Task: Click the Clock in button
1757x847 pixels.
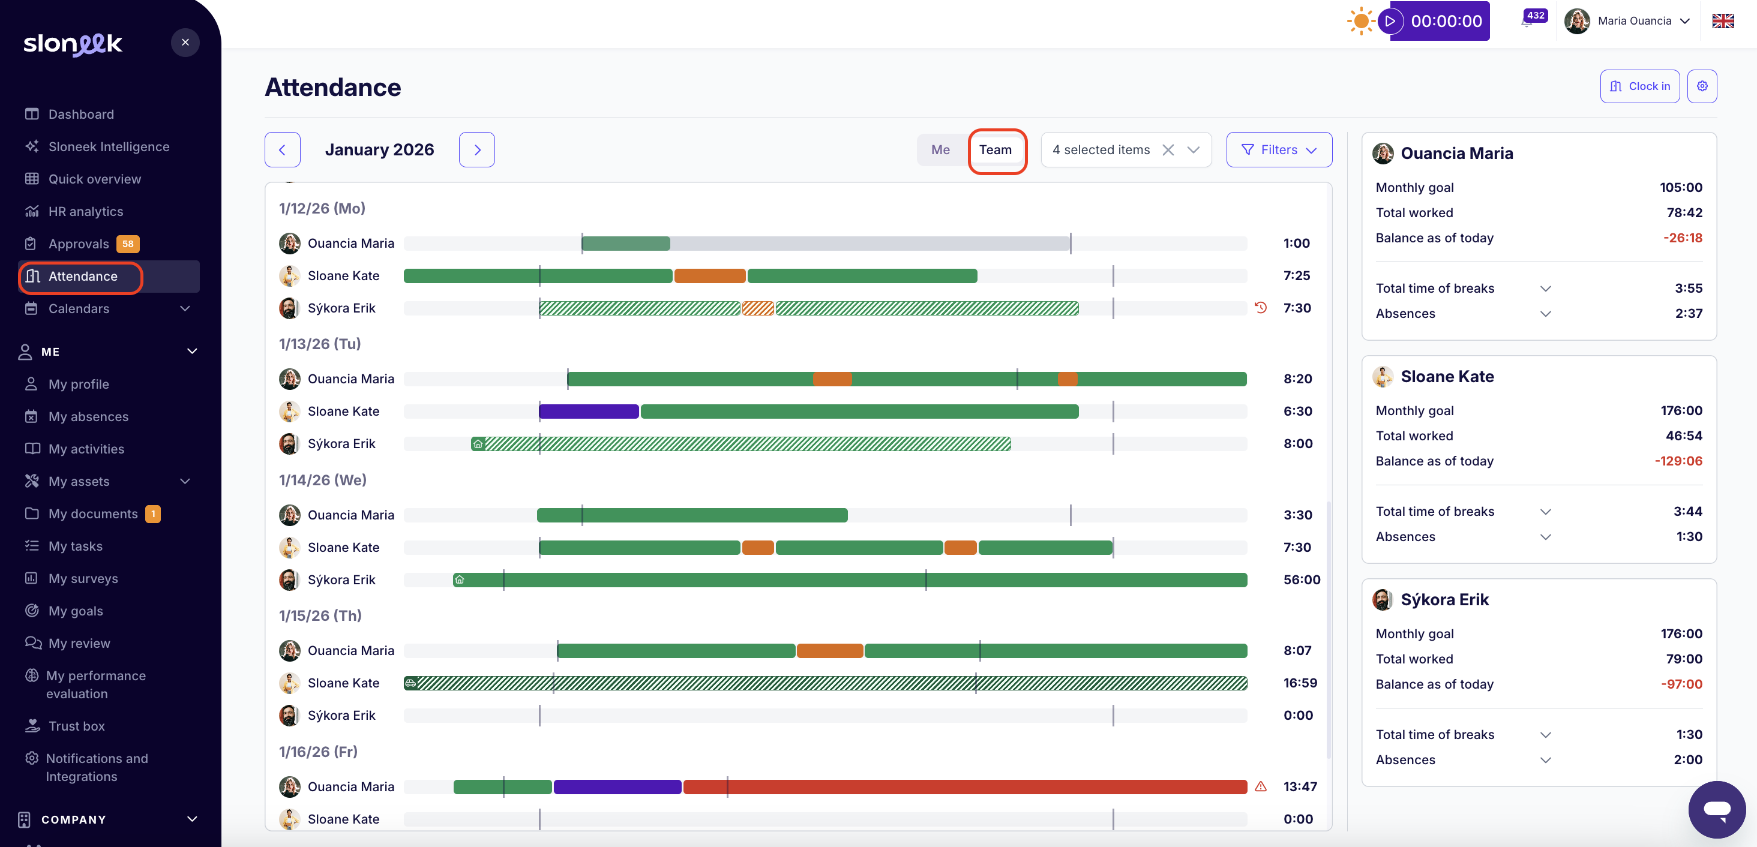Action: pyautogui.click(x=1639, y=86)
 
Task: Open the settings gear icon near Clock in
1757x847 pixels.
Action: pyautogui.click(x=1702, y=86)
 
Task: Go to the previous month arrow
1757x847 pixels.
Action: pyautogui.click(x=283, y=150)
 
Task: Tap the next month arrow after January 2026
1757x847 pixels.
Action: pyautogui.click(x=477, y=150)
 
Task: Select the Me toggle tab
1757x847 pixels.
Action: pyautogui.click(x=940, y=150)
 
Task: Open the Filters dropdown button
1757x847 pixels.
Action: pyautogui.click(x=1278, y=150)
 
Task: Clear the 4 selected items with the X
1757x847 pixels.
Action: pyautogui.click(x=1168, y=150)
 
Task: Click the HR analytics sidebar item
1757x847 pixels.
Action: pyautogui.click(x=85, y=211)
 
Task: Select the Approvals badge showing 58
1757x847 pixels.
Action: pyautogui.click(x=128, y=244)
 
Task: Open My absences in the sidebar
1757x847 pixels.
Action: pyautogui.click(x=88, y=417)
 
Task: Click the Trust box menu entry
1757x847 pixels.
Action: pyautogui.click(x=76, y=726)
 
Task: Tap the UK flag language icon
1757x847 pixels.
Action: pyautogui.click(x=1723, y=21)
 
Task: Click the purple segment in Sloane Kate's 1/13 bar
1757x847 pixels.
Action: pyautogui.click(x=589, y=412)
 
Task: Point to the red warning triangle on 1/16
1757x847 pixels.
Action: pyautogui.click(x=1261, y=786)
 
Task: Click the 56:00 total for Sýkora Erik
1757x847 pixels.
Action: pyautogui.click(x=1302, y=579)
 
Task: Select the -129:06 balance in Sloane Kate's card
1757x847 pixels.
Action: pyautogui.click(x=1678, y=461)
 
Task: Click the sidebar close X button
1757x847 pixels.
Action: pyautogui.click(x=185, y=42)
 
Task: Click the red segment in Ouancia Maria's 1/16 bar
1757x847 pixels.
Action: pyautogui.click(x=964, y=787)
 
